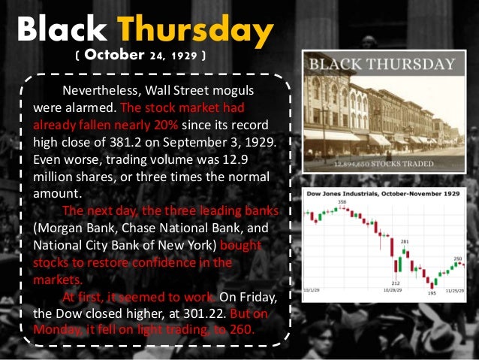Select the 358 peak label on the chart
coord(342,202)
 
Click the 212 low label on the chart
coord(395,283)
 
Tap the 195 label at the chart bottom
coord(432,293)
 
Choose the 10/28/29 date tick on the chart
coord(393,289)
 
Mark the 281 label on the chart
coord(405,242)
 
